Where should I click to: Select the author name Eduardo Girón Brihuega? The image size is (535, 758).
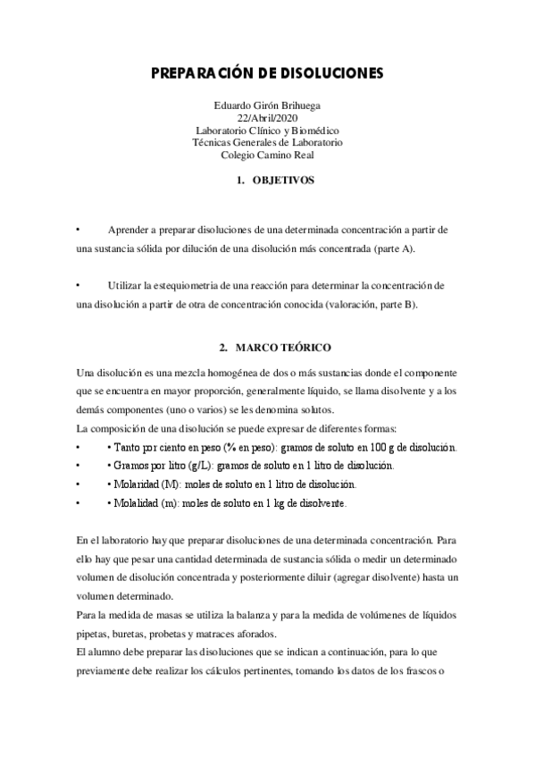(x=267, y=105)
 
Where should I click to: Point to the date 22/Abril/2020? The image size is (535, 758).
(x=267, y=117)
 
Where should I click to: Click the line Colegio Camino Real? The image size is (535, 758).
(x=267, y=155)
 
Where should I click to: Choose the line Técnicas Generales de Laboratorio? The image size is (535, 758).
(x=267, y=142)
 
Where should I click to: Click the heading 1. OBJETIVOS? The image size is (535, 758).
(x=274, y=180)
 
